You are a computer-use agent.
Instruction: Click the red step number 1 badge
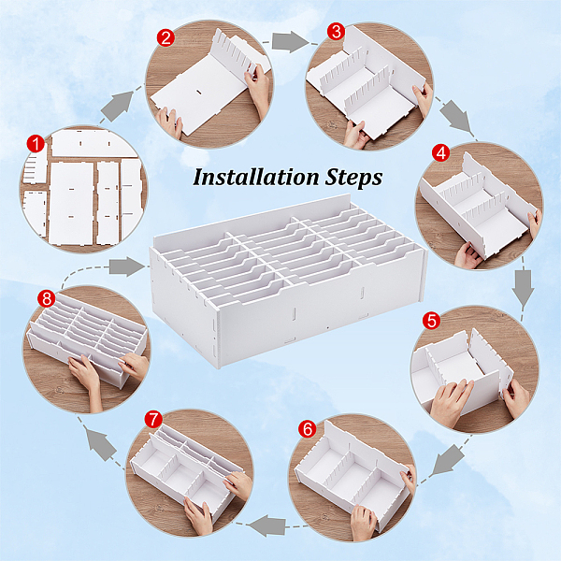[x=36, y=144]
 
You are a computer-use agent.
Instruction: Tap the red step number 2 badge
[x=165, y=38]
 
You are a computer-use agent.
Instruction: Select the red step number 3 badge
[x=336, y=32]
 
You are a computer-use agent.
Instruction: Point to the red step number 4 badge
[x=440, y=152]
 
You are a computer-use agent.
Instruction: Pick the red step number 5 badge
[x=431, y=321]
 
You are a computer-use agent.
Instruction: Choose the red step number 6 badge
[x=308, y=428]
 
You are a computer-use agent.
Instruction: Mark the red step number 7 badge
[x=153, y=419]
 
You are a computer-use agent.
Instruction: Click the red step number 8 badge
[x=47, y=299]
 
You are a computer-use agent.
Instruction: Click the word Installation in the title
[x=256, y=177]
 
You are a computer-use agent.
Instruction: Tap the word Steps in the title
[x=353, y=178]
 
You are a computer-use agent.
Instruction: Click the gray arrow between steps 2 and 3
[x=290, y=42]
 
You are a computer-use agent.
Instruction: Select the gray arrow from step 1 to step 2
[x=118, y=106]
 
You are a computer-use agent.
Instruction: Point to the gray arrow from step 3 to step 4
[x=455, y=116]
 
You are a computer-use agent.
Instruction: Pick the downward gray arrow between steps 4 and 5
[x=523, y=288]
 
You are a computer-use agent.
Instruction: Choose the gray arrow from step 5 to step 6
[x=448, y=460]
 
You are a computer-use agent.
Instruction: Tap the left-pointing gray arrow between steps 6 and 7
[x=266, y=525]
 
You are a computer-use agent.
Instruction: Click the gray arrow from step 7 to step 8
[x=101, y=445]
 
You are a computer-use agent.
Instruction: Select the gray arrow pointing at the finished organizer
[x=126, y=266]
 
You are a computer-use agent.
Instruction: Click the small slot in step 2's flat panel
[x=198, y=93]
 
